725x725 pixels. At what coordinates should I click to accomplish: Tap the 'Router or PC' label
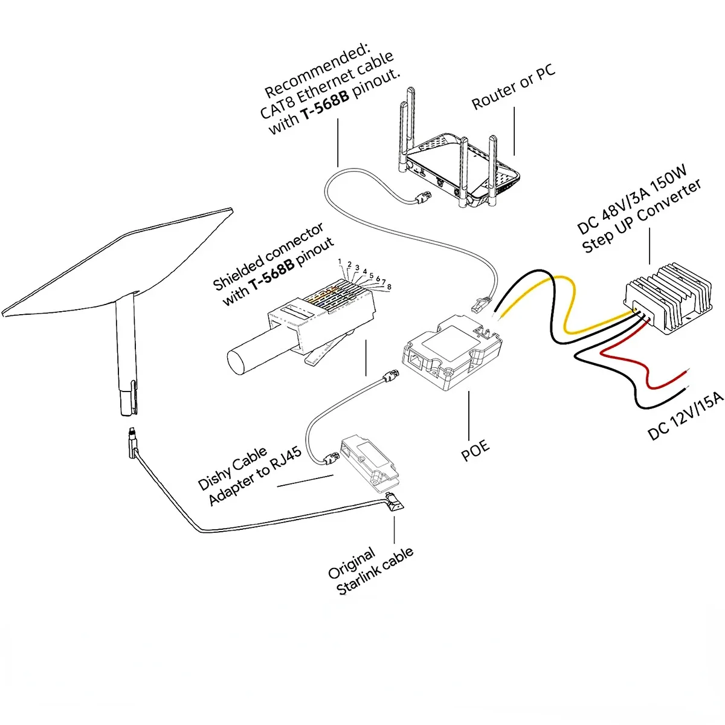pos(514,89)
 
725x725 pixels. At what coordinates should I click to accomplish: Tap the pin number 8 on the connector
pos(390,286)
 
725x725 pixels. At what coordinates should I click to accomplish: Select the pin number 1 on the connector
pos(340,262)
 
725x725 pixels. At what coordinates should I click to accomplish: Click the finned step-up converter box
pos(665,297)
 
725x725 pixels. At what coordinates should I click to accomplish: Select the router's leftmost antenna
pos(403,130)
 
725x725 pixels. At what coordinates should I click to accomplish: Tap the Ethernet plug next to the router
pos(424,197)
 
